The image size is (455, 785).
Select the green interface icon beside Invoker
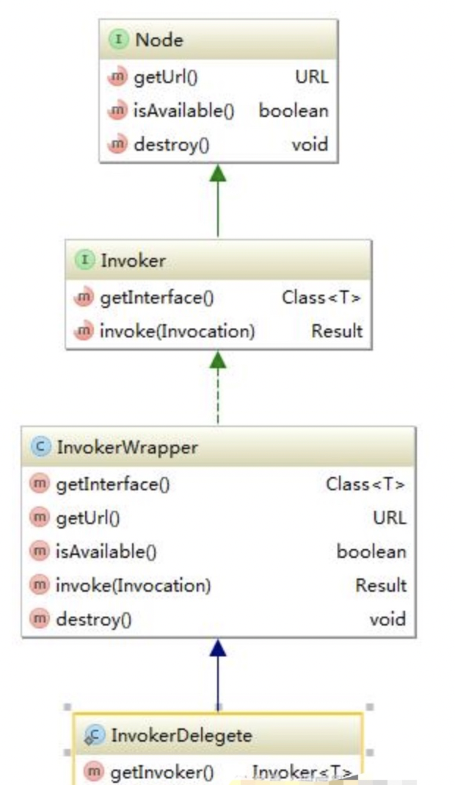(87, 260)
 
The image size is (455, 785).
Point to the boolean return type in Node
(294, 111)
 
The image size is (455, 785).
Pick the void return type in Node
(310, 145)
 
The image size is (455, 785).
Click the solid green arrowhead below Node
(218, 173)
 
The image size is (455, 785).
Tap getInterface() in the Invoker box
(156, 298)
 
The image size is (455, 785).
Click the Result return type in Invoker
(337, 331)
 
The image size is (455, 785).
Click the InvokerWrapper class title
(126, 447)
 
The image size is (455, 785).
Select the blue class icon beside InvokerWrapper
(40, 447)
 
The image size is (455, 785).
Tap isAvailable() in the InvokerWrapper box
(106, 551)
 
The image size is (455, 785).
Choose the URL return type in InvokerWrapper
(389, 518)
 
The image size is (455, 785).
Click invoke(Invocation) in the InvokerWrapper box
(133, 586)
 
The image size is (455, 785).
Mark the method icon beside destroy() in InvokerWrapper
(39, 620)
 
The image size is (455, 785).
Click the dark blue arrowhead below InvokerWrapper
(218, 648)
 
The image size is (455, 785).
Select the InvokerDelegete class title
(181, 735)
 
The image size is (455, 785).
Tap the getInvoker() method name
(161, 772)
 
